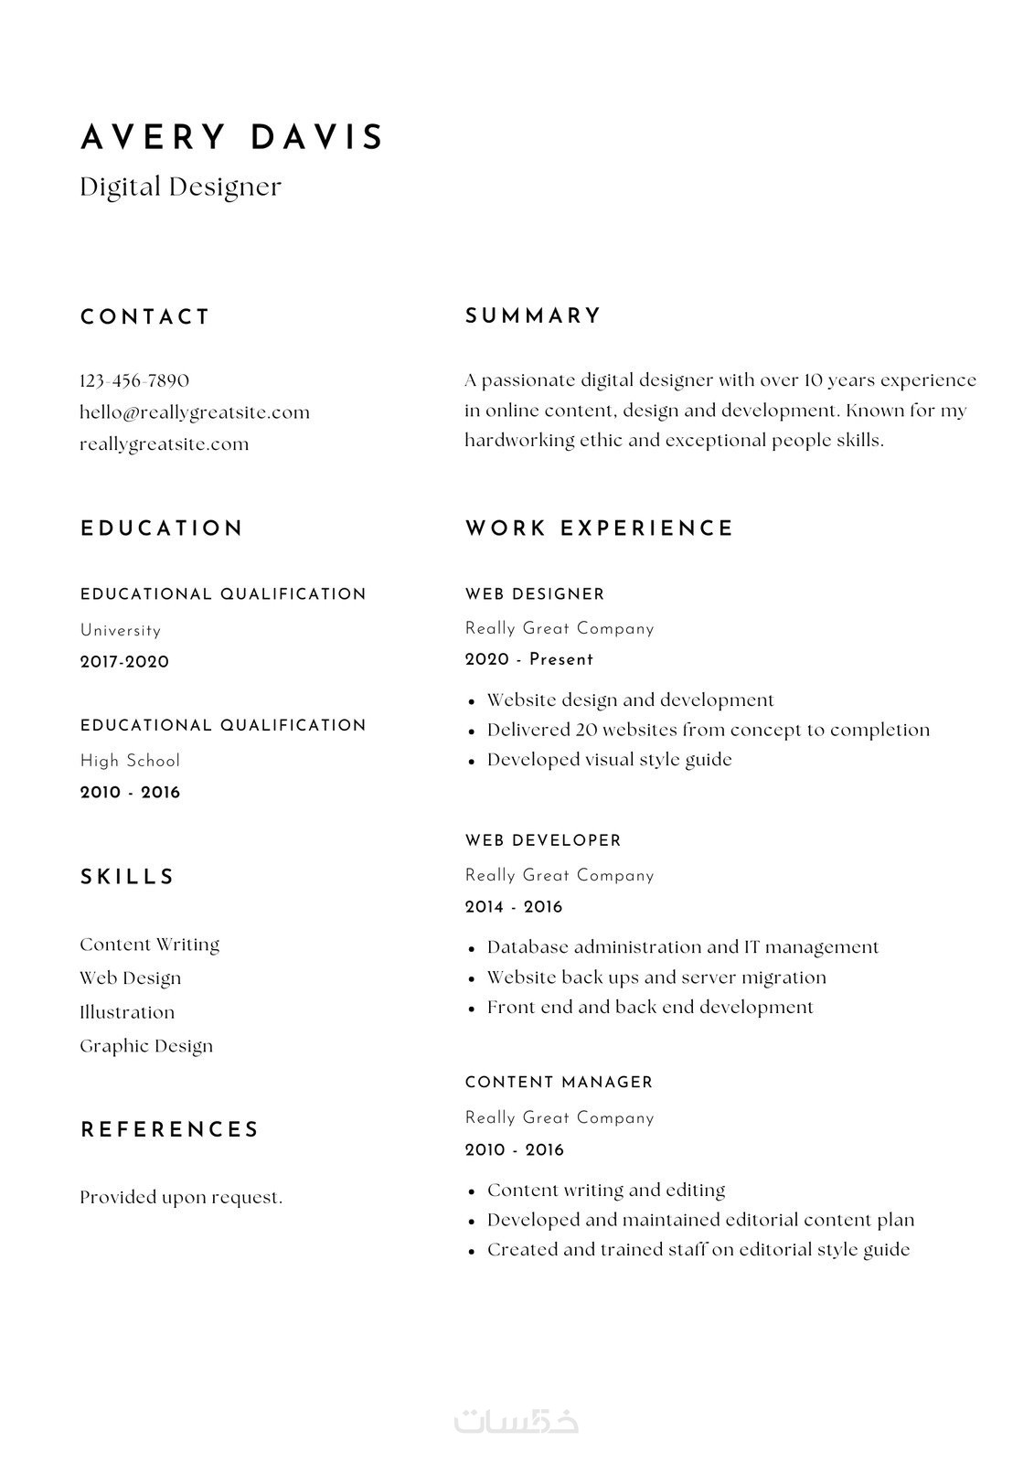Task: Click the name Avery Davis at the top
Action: tap(232, 137)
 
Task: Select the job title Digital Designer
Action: tap(180, 187)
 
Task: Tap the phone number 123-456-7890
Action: tap(134, 380)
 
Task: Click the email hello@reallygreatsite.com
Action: tap(195, 412)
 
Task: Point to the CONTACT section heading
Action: tap(145, 317)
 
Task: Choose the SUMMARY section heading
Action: tap(533, 316)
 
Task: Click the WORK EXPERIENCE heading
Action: tap(599, 529)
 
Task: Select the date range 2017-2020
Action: tap(124, 662)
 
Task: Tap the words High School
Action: tap(130, 761)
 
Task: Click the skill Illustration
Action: tap(127, 1012)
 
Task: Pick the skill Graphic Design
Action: tap(146, 1046)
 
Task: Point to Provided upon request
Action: tap(181, 1198)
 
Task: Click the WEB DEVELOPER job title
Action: tap(543, 840)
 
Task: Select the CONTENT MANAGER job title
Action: tap(559, 1083)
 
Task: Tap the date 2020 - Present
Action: tap(529, 659)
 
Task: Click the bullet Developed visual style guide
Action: tap(609, 760)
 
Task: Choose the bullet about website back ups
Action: tap(656, 977)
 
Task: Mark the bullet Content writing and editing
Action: tap(606, 1191)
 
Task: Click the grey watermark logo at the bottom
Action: tap(517, 1421)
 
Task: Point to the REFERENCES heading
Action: tap(170, 1130)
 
